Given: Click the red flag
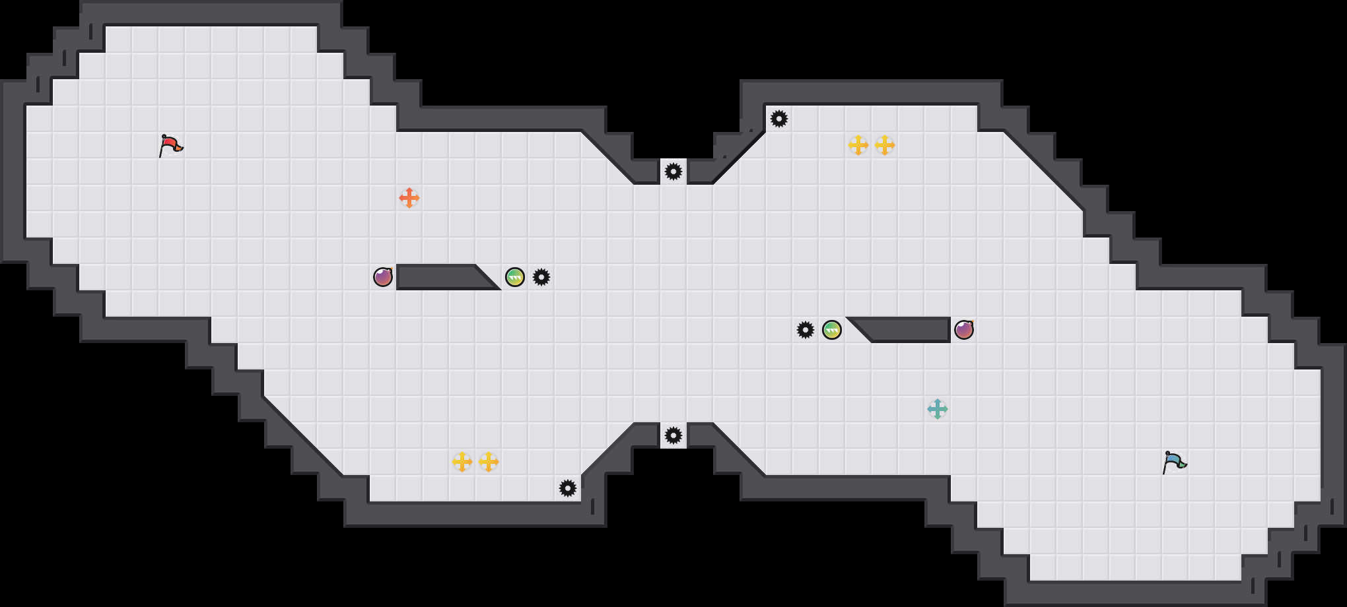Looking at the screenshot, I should coord(170,145).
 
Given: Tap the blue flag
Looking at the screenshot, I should coord(1174,462).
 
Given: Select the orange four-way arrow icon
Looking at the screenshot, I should coord(409,198).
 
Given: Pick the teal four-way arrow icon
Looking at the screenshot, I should coord(938,409).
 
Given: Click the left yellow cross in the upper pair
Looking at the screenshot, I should coord(858,145).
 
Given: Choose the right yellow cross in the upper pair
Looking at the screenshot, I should coord(885,145).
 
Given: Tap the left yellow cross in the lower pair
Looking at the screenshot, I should coord(462,462).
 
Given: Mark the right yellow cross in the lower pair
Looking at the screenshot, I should coord(489,462).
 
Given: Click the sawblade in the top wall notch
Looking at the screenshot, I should coord(673,172).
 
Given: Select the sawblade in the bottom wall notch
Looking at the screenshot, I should coord(673,435).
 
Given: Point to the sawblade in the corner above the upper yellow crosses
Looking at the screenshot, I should coord(779,119).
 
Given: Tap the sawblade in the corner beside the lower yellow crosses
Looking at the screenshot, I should coord(568,488).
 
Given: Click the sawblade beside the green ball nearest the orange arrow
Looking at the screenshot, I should coord(541,277).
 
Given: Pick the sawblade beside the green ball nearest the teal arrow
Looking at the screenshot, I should coord(806,330).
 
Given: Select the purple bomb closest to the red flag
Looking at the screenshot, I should coord(383,277).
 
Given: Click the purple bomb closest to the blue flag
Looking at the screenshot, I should coord(964,330).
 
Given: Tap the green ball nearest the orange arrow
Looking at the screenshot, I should coord(515,277).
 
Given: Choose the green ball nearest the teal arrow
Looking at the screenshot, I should coord(832,330).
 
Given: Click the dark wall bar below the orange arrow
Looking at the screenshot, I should coord(439,277).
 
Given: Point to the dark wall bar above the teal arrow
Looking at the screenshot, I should coord(908,330).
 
